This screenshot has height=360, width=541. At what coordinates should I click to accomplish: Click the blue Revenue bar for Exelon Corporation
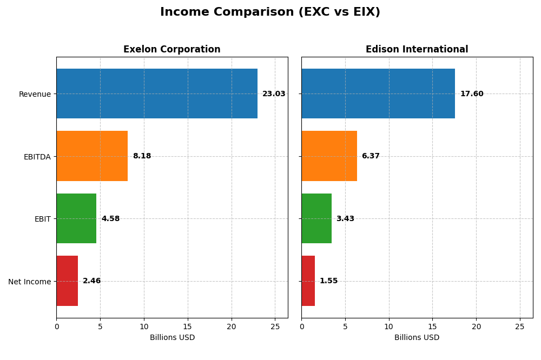[x=157, y=94]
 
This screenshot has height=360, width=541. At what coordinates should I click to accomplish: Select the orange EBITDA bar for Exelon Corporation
[x=92, y=156]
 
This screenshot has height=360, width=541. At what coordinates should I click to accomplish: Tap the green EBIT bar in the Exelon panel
[x=76, y=218]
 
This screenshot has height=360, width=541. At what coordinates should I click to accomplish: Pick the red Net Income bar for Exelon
[x=67, y=281]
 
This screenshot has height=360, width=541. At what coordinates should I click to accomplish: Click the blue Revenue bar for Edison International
[x=378, y=94]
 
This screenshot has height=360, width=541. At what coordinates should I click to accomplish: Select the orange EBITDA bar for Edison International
[x=329, y=156]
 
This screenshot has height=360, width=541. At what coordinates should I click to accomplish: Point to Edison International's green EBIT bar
[x=316, y=218]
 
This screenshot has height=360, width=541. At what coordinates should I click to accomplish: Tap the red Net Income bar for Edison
[x=308, y=281]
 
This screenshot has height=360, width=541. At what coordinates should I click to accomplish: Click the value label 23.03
[x=274, y=94]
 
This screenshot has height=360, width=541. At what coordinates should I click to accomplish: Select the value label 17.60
[x=472, y=94]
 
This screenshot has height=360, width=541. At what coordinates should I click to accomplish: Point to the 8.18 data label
[x=142, y=156]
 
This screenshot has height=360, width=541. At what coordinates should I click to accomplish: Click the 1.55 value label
[x=328, y=281]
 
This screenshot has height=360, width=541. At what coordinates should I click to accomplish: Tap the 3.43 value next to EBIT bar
[x=345, y=219]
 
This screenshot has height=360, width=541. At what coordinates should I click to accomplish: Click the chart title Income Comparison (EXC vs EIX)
[x=270, y=12]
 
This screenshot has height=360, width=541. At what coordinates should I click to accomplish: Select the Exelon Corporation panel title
[x=172, y=50]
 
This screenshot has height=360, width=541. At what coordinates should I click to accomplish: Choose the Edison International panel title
[x=417, y=50]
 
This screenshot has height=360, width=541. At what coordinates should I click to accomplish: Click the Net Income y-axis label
[x=29, y=282]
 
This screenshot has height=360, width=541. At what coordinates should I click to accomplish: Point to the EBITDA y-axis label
[x=37, y=157]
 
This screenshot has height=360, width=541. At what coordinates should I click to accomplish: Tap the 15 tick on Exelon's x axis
[x=188, y=327]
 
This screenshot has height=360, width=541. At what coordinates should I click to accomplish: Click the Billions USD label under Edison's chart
[x=417, y=338]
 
